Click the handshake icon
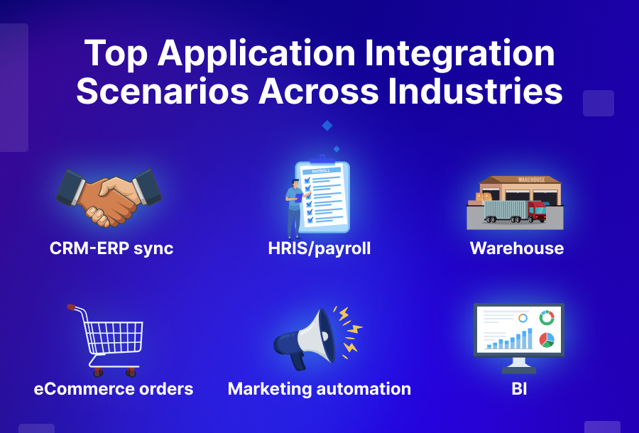(109, 197)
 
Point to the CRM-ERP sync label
(111, 248)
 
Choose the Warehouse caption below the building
(516, 248)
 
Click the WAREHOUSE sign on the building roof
(531, 180)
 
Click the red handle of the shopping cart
(72, 307)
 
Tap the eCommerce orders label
(114, 389)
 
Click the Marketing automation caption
(319, 389)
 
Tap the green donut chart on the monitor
(546, 318)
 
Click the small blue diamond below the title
(327, 126)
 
